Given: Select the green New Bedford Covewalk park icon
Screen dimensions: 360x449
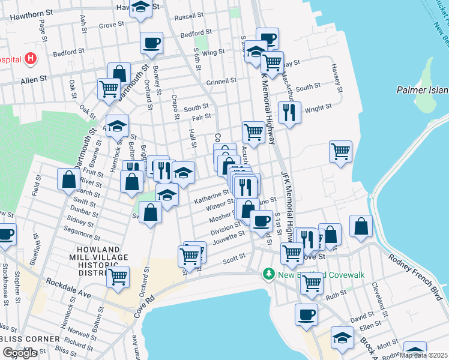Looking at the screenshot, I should tap(269, 274).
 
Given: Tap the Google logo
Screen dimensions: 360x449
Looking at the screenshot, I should tap(19, 353).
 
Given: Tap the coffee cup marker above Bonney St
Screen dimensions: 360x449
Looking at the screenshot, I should tap(151, 43).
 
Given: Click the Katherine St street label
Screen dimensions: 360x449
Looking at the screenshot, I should tap(211, 195).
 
